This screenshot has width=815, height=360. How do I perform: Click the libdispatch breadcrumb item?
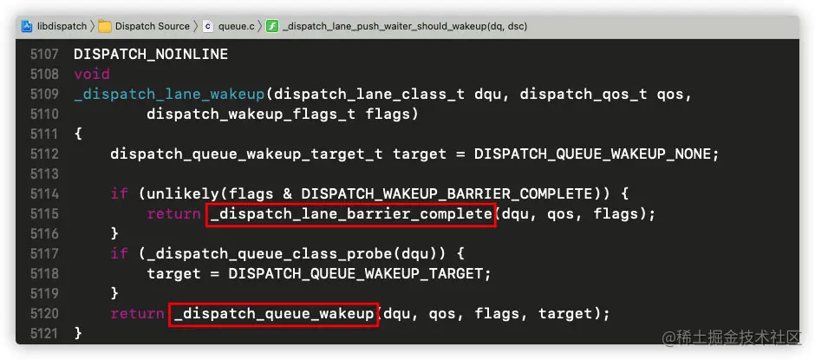[62, 26]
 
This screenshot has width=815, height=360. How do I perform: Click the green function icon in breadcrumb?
[272, 26]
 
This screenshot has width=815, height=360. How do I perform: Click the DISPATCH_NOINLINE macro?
[151, 54]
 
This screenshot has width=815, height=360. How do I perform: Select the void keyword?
[92, 74]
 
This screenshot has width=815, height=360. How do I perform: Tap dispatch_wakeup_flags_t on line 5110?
[247, 114]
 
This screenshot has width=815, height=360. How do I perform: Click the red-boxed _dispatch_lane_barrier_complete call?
[350, 213]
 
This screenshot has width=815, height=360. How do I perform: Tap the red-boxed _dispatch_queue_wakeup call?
[273, 313]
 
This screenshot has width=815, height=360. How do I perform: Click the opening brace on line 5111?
[78, 134]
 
